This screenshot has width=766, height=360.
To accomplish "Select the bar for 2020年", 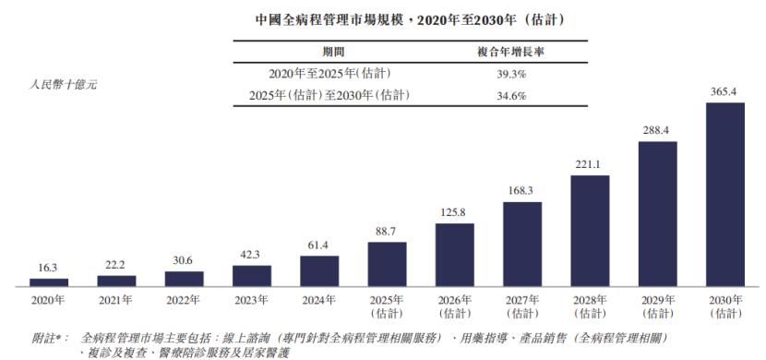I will [x=49, y=282].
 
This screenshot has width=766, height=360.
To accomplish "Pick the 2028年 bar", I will [x=590, y=230].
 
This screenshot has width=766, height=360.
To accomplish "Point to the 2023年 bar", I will [x=252, y=275].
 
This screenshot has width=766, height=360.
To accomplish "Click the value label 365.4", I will [x=724, y=92].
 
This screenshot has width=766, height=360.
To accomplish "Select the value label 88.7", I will [x=387, y=232].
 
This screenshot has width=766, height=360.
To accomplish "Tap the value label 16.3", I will [x=49, y=268].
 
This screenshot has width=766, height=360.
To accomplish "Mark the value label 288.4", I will [x=657, y=131].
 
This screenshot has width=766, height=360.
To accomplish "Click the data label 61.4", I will [x=319, y=246].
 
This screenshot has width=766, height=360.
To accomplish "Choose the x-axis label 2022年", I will [x=184, y=301].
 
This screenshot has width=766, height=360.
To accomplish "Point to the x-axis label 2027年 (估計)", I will [x=522, y=306].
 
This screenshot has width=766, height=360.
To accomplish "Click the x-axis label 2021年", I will [x=116, y=301].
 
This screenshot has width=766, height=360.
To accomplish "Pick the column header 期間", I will [x=333, y=51].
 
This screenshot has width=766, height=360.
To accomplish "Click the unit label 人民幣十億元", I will [x=65, y=84].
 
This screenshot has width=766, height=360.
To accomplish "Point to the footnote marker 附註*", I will [x=51, y=338].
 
